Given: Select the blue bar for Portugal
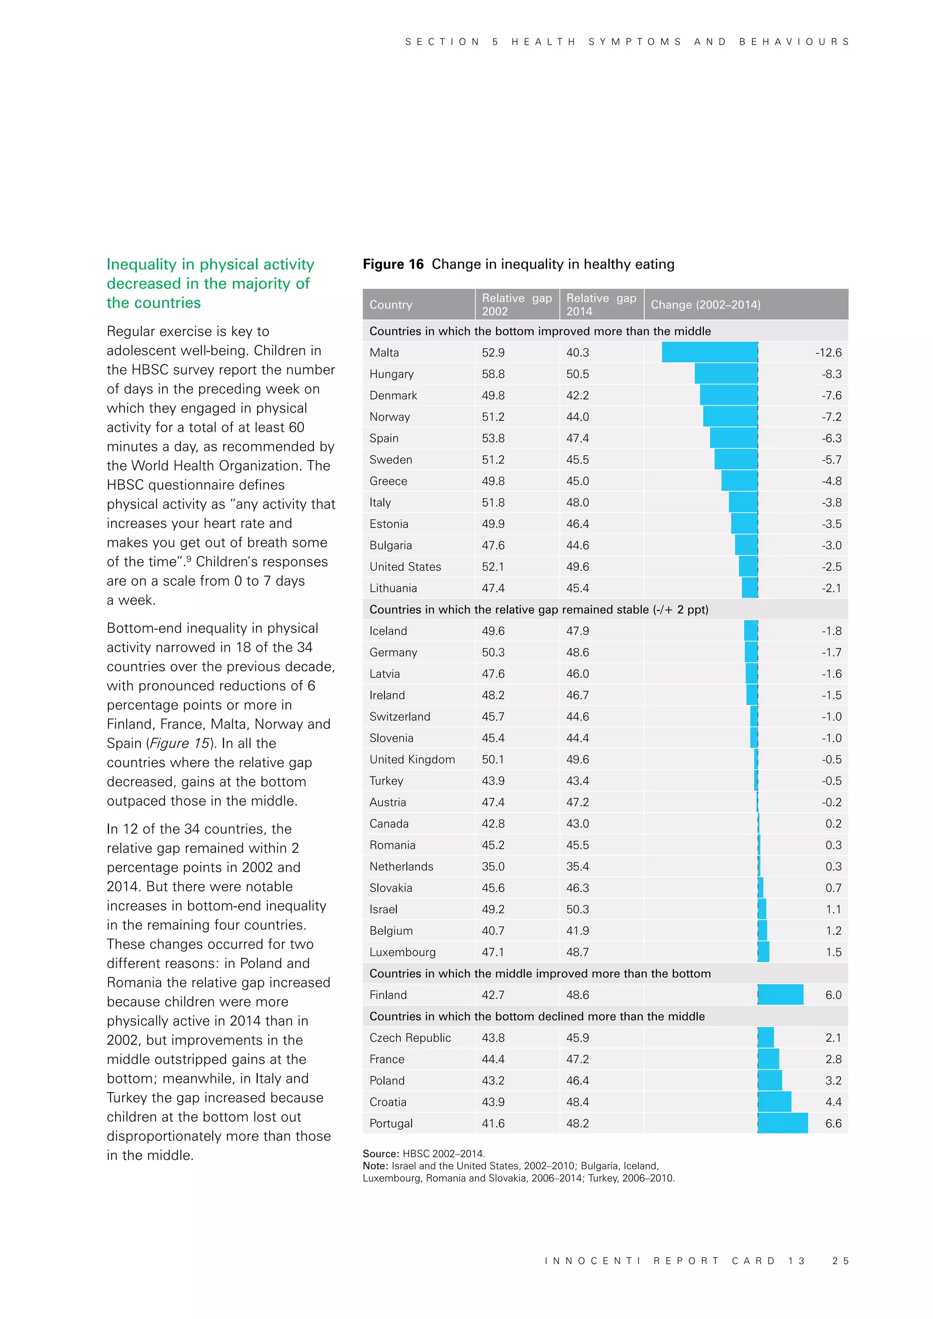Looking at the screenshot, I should coord(783,1123).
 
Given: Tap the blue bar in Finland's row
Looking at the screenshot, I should coord(780,994).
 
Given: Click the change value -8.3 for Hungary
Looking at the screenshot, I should coord(831,374).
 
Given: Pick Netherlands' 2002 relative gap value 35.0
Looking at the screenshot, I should coord(493,866).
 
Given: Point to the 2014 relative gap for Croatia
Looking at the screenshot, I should coord(577,1102).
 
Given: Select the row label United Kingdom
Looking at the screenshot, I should coord(412,759).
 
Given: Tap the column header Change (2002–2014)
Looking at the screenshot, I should coord(705,305).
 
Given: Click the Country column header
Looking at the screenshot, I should coord(391,305).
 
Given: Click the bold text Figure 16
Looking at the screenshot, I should coord(393,264).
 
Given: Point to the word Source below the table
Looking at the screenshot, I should coord(380,1154).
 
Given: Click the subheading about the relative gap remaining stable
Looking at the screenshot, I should coord(538,609).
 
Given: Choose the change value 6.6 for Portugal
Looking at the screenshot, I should coord(833,1123).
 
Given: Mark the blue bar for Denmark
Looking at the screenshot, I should coord(728,395).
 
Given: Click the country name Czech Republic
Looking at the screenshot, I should coord(410,1038).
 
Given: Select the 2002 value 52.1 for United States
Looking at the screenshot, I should coord(493,567).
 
